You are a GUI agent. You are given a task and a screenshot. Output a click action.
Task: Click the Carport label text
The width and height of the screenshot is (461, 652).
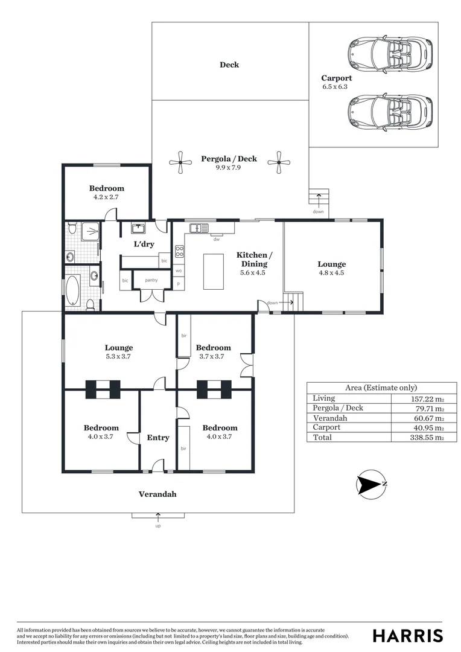(x=336, y=78)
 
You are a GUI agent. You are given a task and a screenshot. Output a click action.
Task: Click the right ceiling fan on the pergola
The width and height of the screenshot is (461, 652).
(x=279, y=162)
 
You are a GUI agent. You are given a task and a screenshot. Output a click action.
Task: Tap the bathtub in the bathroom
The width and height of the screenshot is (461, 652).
(x=73, y=290)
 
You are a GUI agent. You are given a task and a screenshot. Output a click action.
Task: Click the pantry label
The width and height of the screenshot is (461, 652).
(x=151, y=280)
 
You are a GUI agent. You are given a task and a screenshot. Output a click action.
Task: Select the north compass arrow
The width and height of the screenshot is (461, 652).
(x=370, y=484)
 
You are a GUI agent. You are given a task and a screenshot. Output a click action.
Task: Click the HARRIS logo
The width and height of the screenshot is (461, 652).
(x=407, y=635)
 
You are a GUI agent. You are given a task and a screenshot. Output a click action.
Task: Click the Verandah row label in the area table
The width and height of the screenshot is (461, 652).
(x=330, y=418)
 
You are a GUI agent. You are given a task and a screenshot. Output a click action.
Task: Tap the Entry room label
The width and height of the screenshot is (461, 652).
(x=158, y=438)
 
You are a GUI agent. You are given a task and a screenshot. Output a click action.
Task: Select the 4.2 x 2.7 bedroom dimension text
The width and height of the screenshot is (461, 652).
(x=107, y=197)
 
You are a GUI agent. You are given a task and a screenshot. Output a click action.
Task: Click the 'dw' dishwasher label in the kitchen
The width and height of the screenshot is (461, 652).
(x=215, y=239)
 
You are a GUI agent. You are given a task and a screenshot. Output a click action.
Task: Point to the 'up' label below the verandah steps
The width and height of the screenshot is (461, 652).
(x=158, y=526)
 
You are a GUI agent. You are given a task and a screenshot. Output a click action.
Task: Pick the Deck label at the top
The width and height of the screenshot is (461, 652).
(x=229, y=65)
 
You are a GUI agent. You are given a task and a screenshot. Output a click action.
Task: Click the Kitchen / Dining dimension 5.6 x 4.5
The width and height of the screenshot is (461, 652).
(x=253, y=272)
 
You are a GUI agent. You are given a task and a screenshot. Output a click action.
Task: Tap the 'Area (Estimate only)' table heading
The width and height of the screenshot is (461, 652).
(x=381, y=388)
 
